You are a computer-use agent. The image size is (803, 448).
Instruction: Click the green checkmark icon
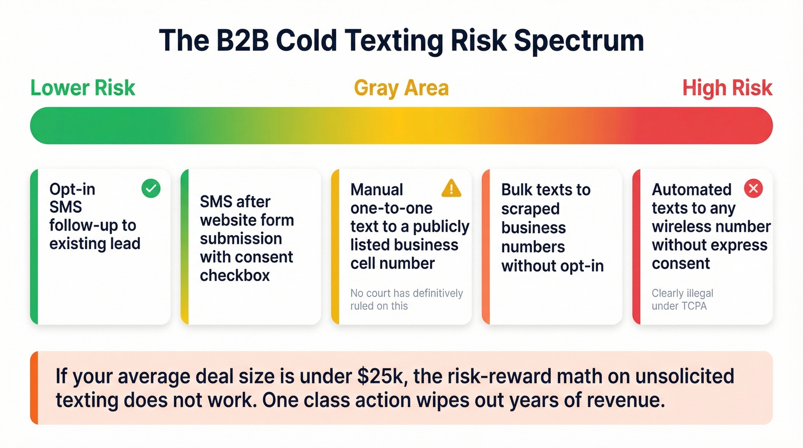(x=151, y=189)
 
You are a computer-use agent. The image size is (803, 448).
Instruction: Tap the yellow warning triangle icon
(x=451, y=188)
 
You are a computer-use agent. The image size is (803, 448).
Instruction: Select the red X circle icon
(x=753, y=188)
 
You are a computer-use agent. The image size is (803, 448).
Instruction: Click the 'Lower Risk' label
(x=83, y=88)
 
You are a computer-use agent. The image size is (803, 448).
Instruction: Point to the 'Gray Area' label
(x=401, y=88)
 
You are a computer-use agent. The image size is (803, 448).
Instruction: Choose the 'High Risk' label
(x=727, y=88)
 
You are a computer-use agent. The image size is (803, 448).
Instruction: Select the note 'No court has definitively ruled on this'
(x=406, y=299)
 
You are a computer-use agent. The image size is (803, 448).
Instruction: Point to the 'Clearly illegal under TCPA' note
(x=682, y=299)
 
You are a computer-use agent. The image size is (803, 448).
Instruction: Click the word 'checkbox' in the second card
(x=235, y=275)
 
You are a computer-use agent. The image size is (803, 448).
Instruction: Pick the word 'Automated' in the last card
(x=691, y=190)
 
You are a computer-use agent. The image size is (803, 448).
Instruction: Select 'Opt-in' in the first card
(x=72, y=189)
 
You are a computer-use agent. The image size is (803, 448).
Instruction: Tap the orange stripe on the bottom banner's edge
(x=34, y=388)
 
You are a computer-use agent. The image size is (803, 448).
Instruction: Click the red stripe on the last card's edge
(x=636, y=247)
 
